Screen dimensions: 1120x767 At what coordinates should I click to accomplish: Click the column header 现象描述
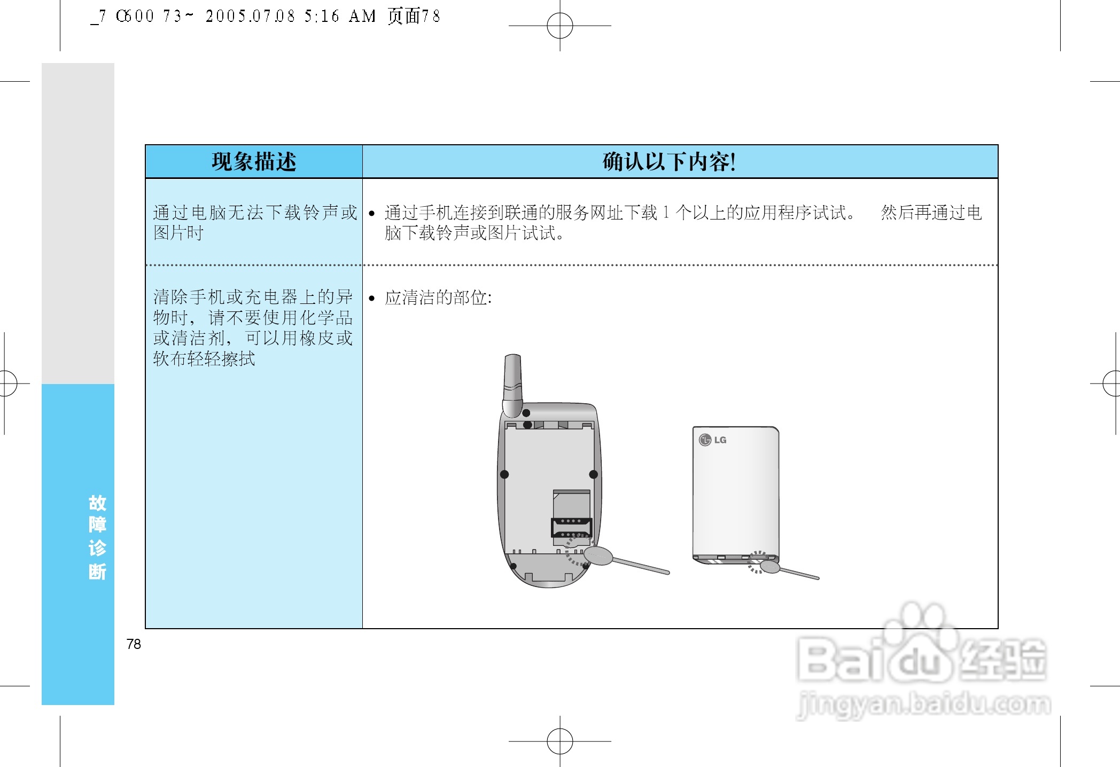point(254,161)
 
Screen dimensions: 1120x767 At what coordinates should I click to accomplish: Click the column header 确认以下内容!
point(669,161)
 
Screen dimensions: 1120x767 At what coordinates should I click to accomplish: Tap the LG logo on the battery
point(713,440)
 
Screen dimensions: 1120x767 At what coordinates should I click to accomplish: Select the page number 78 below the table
point(134,644)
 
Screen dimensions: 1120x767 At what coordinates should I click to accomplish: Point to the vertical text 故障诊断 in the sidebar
point(97,537)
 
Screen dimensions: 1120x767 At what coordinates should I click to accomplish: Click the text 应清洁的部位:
point(438,298)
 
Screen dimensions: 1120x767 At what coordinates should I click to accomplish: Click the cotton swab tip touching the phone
point(598,555)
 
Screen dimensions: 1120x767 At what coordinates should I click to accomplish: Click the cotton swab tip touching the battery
point(769,566)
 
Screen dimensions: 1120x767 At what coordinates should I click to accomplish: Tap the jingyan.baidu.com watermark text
point(923,703)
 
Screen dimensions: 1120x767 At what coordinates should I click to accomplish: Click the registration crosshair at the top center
point(560,26)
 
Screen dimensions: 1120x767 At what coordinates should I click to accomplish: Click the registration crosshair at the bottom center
point(560,741)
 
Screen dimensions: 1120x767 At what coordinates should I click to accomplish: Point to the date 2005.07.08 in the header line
point(250,17)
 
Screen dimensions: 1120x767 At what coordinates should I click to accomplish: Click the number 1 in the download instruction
point(666,213)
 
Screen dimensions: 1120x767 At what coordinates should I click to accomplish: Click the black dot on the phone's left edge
point(504,474)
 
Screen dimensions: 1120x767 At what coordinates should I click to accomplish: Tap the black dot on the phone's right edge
point(593,474)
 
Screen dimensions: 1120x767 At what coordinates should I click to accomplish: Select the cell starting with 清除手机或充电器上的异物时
point(254,327)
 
